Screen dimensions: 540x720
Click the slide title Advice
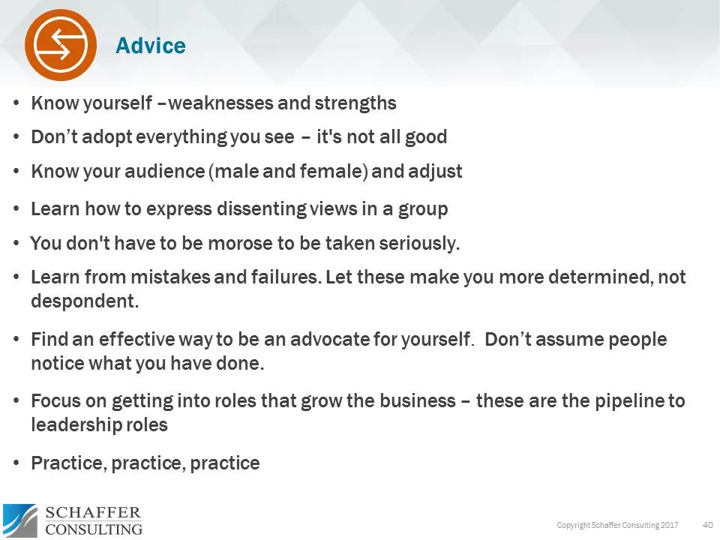coord(150,46)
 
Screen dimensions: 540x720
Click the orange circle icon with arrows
coord(61,44)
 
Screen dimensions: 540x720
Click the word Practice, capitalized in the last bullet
coord(69,463)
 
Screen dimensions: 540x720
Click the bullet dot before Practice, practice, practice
coord(16,463)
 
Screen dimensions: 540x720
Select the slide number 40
coord(707,524)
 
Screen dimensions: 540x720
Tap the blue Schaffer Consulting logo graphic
coord(19,520)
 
